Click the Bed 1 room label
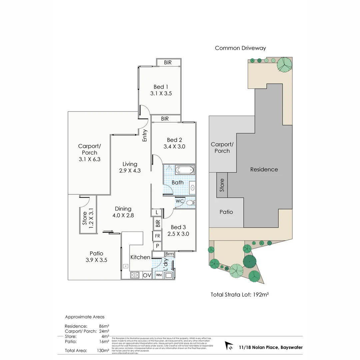[x=161, y=87]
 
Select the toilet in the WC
[x=190, y=202]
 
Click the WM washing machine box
[x=159, y=275]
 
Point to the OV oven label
[x=147, y=275]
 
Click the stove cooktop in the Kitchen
[x=135, y=275]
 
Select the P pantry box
[x=157, y=246]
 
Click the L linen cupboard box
[x=157, y=212]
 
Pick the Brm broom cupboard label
[x=169, y=254]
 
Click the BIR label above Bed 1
[x=168, y=62]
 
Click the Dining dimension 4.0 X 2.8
[x=123, y=215]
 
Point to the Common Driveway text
[x=240, y=48]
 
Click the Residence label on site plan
[x=264, y=169]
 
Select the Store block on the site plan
[x=222, y=185]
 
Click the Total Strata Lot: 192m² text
[x=240, y=295]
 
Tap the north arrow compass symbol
[x=229, y=346]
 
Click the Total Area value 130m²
[x=103, y=350]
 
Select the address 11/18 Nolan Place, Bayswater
[x=271, y=347]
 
